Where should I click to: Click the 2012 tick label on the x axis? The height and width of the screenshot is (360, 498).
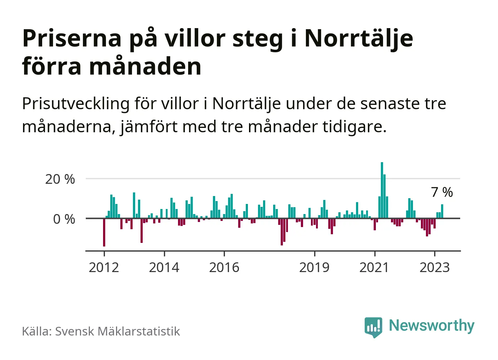point(104,268)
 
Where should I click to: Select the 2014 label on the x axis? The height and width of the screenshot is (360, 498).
point(164,268)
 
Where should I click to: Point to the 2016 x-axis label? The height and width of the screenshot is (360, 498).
point(224,268)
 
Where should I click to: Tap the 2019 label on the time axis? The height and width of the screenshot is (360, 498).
point(314,268)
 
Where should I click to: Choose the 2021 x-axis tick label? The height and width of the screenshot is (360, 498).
point(374,268)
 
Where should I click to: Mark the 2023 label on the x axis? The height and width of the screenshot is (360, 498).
point(435,268)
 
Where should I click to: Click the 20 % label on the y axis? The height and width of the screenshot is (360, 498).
point(60,179)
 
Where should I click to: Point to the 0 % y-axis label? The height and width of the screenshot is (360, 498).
point(64,219)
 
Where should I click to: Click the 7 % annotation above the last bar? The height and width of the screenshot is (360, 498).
point(442,192)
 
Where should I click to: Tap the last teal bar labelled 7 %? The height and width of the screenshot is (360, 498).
point(442,211)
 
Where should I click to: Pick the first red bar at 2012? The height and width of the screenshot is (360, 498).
point(104,232)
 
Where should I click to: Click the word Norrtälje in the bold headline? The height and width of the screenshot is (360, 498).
point(359,38)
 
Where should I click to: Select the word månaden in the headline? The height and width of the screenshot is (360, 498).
point(145,67)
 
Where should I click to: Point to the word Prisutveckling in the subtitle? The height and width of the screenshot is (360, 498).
point(76,104)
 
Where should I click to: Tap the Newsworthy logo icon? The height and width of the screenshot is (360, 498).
point(373,327)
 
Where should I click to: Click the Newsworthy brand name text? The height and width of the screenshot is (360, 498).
point(431,325)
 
